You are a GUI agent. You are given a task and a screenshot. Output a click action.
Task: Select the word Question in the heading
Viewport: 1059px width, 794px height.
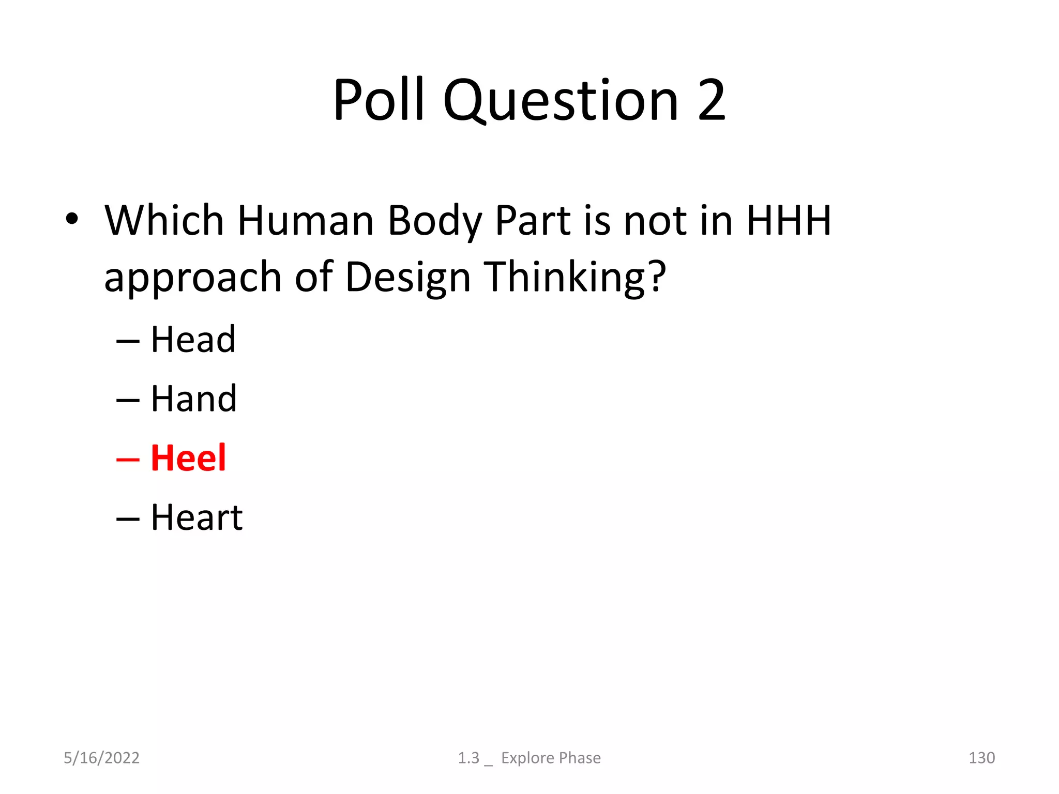(x=561, y=101)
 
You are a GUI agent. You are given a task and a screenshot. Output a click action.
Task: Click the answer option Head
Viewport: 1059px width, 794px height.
(x=193, y=340)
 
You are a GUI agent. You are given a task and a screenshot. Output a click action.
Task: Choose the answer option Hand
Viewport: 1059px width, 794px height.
(x=193, y=399)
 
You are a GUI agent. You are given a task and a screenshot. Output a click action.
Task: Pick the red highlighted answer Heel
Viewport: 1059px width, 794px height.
(x=188, y=458)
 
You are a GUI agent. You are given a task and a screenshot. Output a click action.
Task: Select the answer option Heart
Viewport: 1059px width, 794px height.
(x=196, y=517)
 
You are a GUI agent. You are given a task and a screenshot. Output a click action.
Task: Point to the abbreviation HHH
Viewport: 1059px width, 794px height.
(x=789, y=221)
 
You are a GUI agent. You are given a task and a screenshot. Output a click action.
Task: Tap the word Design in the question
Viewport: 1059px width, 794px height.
(x=408, y=277)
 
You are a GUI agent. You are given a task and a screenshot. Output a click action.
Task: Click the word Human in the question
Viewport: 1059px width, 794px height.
(x=306, y=221)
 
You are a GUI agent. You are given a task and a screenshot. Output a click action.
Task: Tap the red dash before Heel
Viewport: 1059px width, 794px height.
(x=128, y=459)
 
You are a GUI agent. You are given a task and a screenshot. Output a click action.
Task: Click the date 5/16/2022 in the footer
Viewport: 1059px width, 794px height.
(x=101, y=758)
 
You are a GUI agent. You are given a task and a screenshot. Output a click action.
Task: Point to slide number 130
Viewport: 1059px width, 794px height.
(x=981, y=758)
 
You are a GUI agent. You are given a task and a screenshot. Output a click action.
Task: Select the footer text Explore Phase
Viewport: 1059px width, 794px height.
(x=551, y=758)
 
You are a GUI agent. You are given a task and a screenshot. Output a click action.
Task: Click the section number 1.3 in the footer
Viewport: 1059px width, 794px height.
(x=468, y=758)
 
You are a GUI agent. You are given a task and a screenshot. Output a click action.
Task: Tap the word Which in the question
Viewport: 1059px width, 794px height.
(x=164, y=221)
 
